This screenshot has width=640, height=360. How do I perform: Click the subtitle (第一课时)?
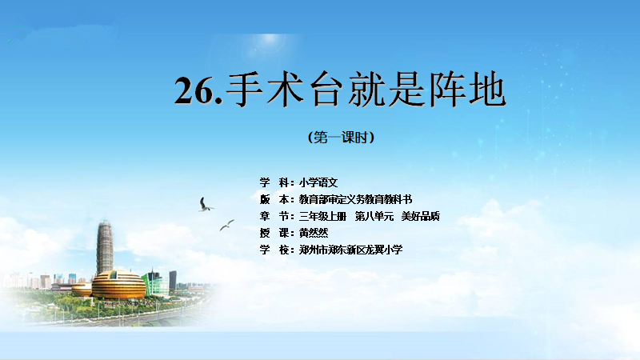coord(341,137)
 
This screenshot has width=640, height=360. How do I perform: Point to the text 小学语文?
coord(318,182)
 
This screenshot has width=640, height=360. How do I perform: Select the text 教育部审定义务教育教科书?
coord(355,199)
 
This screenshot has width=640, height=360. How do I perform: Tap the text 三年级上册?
coord(322,216)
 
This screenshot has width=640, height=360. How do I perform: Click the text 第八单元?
coord(374,216)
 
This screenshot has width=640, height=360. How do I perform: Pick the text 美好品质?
coord(421,216)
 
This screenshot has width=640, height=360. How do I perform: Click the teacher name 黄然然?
coord(314,233)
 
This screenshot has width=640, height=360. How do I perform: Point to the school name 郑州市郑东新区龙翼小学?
coord(350,250)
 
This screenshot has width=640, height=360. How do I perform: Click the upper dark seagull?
coord(206,205)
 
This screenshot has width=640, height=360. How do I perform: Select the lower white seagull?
coord(227,225)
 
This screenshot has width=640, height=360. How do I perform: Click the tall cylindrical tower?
coord(105,247)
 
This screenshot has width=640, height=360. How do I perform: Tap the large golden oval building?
coord(118,285)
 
